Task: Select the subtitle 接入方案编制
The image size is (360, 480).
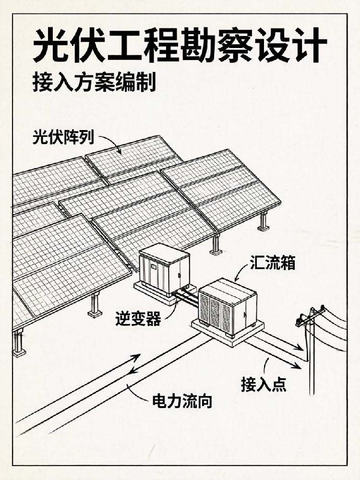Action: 94,82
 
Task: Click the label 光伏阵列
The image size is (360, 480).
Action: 63,137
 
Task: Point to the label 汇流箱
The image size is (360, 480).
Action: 273,263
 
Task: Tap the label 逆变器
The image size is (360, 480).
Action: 138,318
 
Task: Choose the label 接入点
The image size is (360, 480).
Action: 264,384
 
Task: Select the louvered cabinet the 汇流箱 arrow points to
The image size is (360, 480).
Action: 227,306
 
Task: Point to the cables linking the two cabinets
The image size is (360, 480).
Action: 186,297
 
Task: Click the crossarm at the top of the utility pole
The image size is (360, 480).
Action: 310,315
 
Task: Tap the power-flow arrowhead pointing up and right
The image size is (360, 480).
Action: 136,357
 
